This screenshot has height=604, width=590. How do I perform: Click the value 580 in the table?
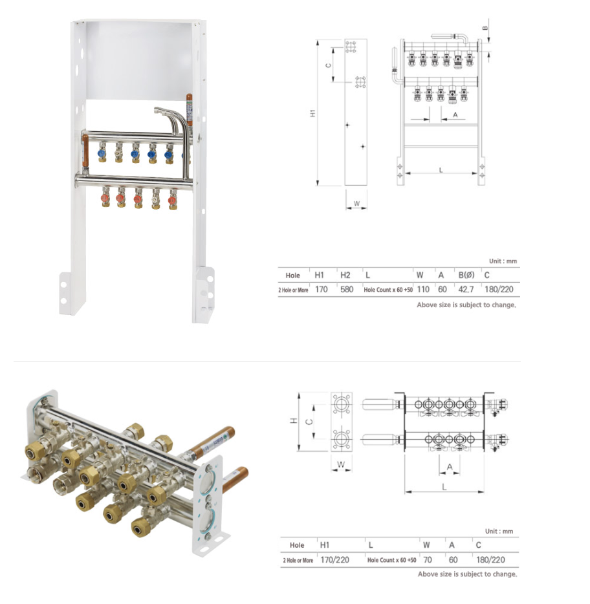(346, 290)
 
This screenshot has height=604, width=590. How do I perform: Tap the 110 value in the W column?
(422, 290)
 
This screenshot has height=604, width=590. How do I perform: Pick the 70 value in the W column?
(426, 559)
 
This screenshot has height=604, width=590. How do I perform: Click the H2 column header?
(346, 275)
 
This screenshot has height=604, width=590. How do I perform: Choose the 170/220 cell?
(334, 559)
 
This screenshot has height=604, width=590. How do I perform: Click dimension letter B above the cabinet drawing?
(486, 27)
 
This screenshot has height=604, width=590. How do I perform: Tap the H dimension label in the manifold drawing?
(293, 421)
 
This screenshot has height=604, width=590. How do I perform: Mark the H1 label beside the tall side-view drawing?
(313, 113)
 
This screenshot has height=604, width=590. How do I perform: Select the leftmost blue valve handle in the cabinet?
(102, 155)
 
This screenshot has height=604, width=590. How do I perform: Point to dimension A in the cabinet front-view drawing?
(454, 114)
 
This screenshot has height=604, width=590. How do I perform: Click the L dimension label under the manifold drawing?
(444, 486)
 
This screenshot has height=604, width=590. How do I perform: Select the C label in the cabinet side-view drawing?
(329, 64)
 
